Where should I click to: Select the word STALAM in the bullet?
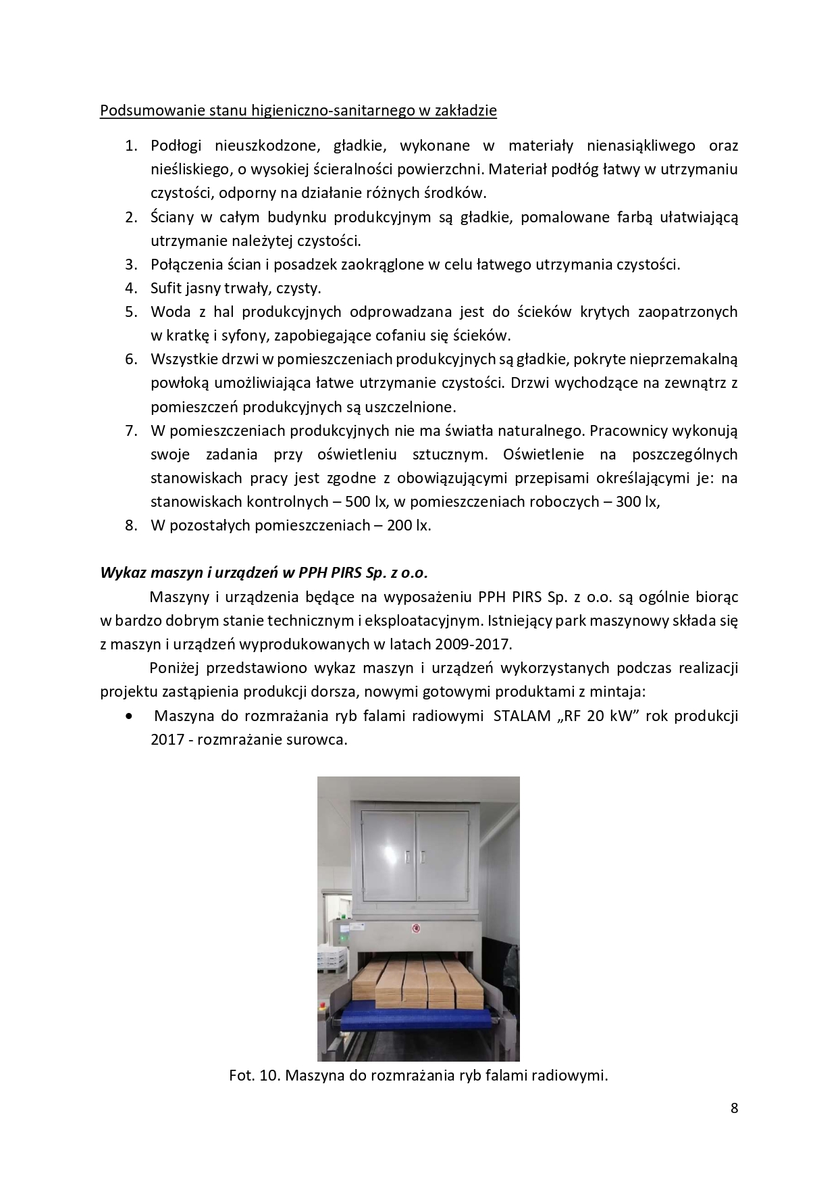pos(522,716)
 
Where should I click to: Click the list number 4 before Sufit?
pos(131,289)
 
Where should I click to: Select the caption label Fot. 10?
pos(255,1075)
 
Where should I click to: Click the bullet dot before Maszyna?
pos(129,716)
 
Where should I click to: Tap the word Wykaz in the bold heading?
pos(119,572)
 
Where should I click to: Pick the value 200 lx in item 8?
pos(409,525)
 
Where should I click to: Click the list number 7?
pos(131,430)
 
